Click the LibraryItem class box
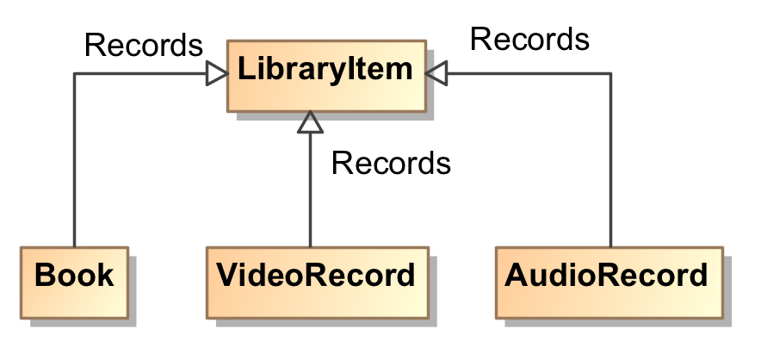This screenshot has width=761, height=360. [325, 74]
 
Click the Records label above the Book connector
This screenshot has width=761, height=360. [144, 45]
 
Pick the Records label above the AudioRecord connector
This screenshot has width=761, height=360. [529, 39]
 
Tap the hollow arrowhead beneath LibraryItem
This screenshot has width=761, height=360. [310, 123]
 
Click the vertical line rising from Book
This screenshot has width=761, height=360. [75, 164]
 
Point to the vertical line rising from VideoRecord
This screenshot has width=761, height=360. [310, 189]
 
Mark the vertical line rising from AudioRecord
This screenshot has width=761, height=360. [610, 164]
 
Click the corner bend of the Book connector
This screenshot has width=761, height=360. [75, 74]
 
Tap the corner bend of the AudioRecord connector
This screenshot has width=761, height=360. [610, 74]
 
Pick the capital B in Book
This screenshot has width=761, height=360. [45, 276]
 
